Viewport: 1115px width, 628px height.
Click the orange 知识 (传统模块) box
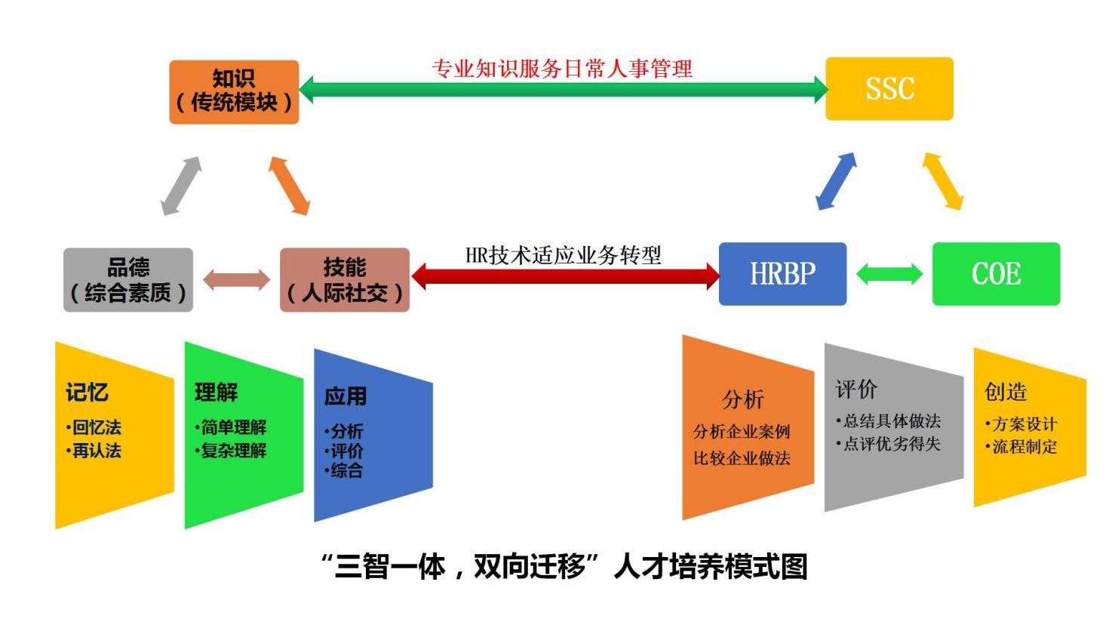click(234, 91)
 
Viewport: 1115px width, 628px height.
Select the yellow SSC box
click(889, 89)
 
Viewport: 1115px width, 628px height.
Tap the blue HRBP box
click(782, 274)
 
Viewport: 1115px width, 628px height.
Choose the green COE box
click(996, 274)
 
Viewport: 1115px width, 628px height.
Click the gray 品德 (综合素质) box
click(128, 280)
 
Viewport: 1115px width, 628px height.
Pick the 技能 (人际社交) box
click(345, 280)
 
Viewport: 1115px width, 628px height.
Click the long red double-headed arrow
click(565, 276)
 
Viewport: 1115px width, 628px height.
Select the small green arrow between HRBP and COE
click(889, 274)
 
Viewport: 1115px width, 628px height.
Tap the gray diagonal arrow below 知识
click(181, 186)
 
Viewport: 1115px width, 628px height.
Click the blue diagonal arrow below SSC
click(837, 181)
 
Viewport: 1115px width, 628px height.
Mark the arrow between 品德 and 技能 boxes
click(236, 280)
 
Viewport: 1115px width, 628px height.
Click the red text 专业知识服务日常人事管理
click(562, 69)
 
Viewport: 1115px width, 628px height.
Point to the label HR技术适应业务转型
click(563, 255)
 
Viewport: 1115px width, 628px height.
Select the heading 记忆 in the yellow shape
click(87, 392)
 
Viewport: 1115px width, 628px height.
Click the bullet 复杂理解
click(233, 451)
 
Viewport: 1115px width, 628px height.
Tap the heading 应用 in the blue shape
click(345, 396)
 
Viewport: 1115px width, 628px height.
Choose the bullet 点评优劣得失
click(892, 444)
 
